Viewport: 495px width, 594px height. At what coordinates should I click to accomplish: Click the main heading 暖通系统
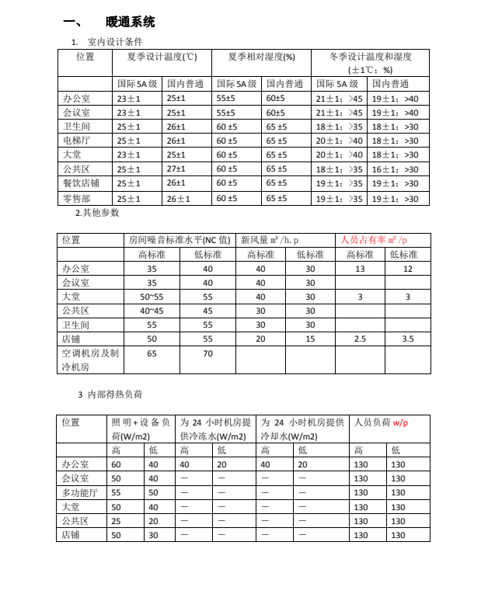point(130,21)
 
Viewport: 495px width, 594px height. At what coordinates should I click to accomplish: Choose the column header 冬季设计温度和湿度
point(371,57)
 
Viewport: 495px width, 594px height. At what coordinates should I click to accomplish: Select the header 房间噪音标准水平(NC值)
point(180,240)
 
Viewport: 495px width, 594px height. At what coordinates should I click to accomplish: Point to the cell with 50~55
point(152,297)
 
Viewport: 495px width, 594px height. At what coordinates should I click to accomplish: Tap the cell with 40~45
point(152,311)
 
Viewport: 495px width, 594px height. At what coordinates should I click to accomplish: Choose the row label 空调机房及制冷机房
point(90,360)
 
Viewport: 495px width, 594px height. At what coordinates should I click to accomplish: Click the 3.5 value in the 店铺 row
point(409,339)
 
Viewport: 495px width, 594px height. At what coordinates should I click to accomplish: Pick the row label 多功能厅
point(80,492)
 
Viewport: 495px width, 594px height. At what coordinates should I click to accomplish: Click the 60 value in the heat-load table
point(116,464)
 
